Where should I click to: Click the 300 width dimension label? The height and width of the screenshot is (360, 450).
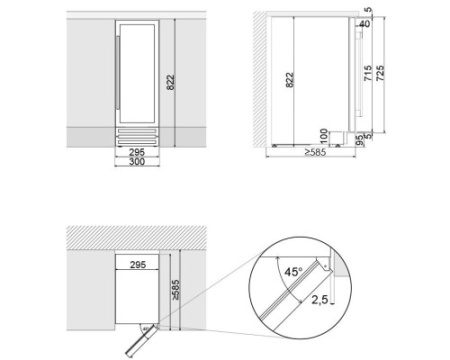coord(137,162)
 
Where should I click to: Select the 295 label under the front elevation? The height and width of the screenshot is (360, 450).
coord(137,152)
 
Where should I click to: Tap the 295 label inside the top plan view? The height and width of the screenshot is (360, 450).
coord(138,265)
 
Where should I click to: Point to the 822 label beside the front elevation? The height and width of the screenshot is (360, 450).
coord(170,82)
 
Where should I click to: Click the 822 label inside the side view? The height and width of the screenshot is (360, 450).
coord(290,80)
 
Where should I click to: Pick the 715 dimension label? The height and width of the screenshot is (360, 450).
coord(368,73)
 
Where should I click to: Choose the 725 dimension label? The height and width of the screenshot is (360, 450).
coord(380,73)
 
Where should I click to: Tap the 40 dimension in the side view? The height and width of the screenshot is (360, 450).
coord(365,24)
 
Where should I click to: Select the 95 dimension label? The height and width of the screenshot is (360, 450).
coord(360,140)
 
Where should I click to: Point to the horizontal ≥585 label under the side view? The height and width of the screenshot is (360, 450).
coord(315,152)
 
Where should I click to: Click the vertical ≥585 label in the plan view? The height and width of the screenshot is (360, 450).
coord(175,290)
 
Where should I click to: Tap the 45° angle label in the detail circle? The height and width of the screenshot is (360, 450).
coord(293,272)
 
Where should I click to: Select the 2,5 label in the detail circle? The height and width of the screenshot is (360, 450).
coord(320,300)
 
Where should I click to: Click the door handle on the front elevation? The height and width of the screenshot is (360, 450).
coord(117,72)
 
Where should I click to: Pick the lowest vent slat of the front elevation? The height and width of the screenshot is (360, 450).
coord(137,143)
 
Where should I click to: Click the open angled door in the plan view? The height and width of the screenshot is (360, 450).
coord(141,341)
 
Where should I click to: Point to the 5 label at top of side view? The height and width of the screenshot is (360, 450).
coord(368,10)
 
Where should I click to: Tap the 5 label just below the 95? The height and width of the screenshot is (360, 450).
coord(368,136)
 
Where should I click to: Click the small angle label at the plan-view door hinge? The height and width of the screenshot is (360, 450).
coord(145,329)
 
